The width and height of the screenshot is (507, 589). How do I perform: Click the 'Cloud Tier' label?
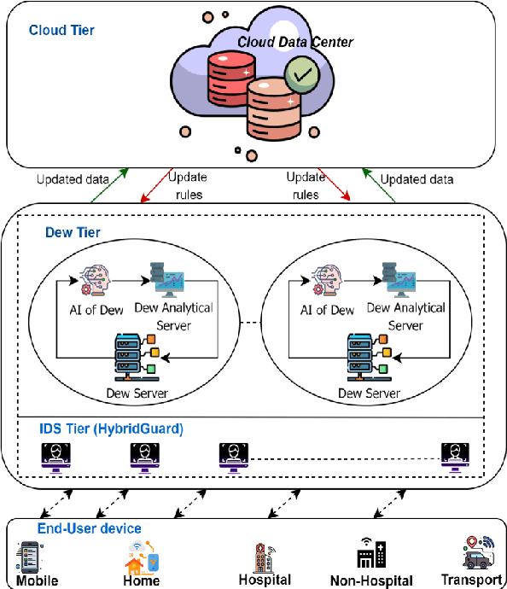(x=61, y=31)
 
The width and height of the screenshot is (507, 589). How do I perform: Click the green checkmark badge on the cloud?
(x=301, y=75)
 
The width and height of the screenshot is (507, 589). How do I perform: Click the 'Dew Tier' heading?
(x=73, y=231)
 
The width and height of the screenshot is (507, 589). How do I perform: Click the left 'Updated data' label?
(x=73, y=180)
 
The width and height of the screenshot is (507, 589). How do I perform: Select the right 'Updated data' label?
(x=417, y=180)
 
